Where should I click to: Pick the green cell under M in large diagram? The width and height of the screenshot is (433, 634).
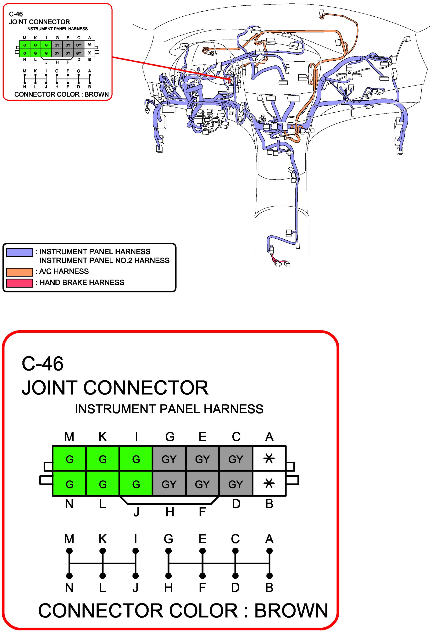pyautogui.click(x=69, y=459)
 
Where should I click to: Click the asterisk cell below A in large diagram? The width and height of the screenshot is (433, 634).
pyautogui.click(x=269, y=459)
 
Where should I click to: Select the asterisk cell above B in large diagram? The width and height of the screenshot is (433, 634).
pyautogui.click(x=269, y=484)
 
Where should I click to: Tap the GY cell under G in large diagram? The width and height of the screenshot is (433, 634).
pyautogui.click(x=169, y=459)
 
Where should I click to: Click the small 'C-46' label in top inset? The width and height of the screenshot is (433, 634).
pyautogui.click(x=16, y=14)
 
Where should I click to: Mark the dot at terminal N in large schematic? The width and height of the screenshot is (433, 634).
pyautogui.click(x=69, y=576)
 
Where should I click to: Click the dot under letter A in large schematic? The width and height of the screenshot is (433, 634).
pyautogui.click(x=269, y=551)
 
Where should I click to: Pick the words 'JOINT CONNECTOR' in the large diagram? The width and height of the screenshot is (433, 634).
pyautogui.click(x=115, y=388)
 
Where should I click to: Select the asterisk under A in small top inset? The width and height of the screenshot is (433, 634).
pyautogui.click(x=90, y=45)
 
